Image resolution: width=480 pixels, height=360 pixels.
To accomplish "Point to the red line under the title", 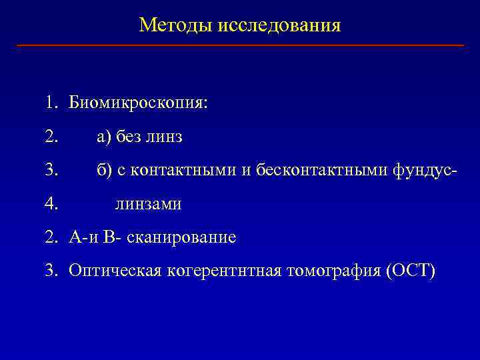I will pos(240,45).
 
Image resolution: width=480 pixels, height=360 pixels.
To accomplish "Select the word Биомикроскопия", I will pos(138,104).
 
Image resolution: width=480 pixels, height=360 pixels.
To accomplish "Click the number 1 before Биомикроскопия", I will pos(51,104).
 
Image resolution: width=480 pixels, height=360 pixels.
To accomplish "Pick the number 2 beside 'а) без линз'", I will pos(51,137).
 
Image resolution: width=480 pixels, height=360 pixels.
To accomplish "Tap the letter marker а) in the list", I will pos(104,137).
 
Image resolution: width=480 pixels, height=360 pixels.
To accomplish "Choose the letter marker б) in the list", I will pos(104,171).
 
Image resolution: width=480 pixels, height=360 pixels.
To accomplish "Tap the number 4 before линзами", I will pos(51,204).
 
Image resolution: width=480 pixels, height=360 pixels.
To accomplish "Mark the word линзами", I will pos(148,204).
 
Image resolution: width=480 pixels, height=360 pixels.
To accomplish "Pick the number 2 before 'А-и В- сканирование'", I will pos(51,237).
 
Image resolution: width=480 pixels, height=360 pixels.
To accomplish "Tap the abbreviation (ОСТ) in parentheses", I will pos(409,271).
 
